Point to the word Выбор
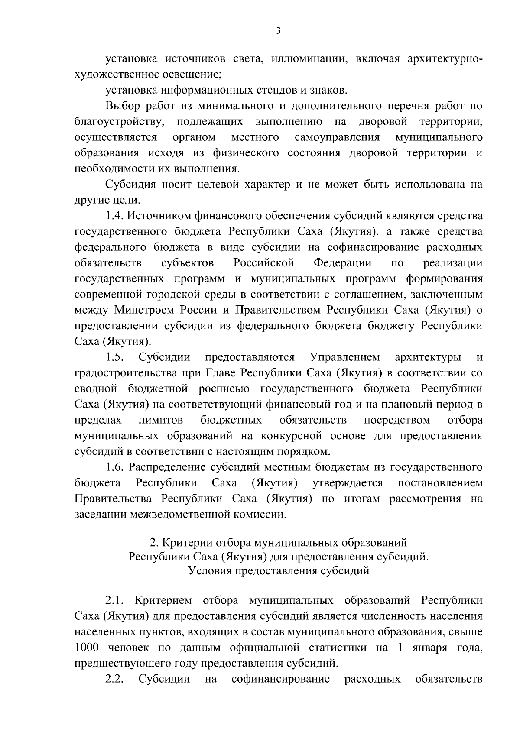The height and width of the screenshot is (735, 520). (120, 106)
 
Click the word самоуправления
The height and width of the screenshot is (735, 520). (337, 137)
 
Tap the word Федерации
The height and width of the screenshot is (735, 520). (342, 263)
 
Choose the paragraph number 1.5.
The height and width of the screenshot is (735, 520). (114, 357)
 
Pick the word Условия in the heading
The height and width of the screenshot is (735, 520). (210, 571)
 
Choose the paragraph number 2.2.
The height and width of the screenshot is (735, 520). (114, 679)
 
